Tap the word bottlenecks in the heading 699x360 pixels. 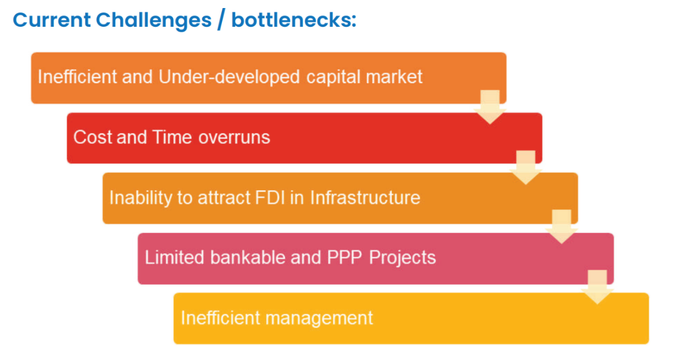pyautogui.click(x=294, y=20)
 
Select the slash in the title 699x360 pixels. pyautogui.click(x=221, y=19)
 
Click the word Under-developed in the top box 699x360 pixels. pyautogui.click(x=229, y=77)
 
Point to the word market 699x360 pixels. pyautogui.click(x=394, y=77)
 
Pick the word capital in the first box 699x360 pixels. pyautogui.click(x=333, y=77)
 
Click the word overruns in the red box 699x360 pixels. pyautogui.click(x=234, y=138)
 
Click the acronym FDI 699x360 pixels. pyautogui.click(x=270, y=197)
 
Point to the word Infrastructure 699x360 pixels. pyautogui.click(x=365, y=197)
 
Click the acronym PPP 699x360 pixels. pyautogui.click(x=344, y=258)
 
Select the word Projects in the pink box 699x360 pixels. pyautogui.click(x=402, y=258)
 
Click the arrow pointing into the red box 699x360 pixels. pyautogui.click(x=490, y=107)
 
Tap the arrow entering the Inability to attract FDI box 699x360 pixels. pyautogui.click(x=526, y=167)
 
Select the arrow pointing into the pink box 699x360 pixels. pyautogui.click(x=562, y=227)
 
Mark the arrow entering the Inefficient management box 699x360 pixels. pyautogui.click(x=597, y=287)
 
